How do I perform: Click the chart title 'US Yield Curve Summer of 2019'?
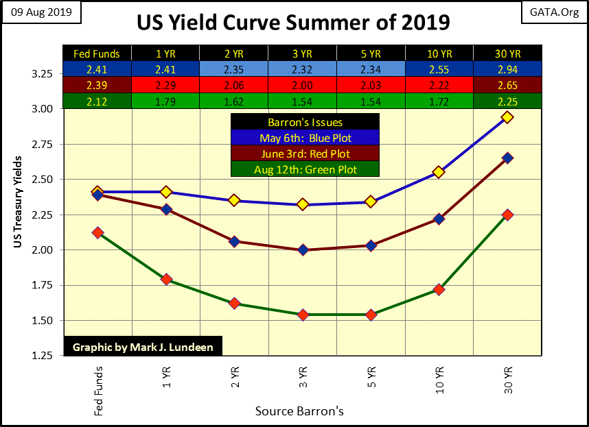pos(293,22)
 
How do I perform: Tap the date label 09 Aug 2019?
pos(41,12)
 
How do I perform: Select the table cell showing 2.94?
pos(507,69)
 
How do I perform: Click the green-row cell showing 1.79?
pos(165,100)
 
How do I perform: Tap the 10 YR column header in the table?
pos(439,53)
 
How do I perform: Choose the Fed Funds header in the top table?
pos(97,53)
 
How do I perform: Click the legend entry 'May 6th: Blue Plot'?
pos(304,138)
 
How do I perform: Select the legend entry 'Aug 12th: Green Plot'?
pos(304,169)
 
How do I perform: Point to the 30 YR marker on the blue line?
pos(507,117)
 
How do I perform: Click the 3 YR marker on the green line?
pos(302,315)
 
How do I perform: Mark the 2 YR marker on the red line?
pos(234,241)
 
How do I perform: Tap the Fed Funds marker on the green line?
pos(97,233)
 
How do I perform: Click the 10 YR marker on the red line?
pos(439,219)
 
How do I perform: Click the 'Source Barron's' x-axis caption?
pos(299,411)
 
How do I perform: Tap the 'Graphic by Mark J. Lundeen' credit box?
pos(143,347)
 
